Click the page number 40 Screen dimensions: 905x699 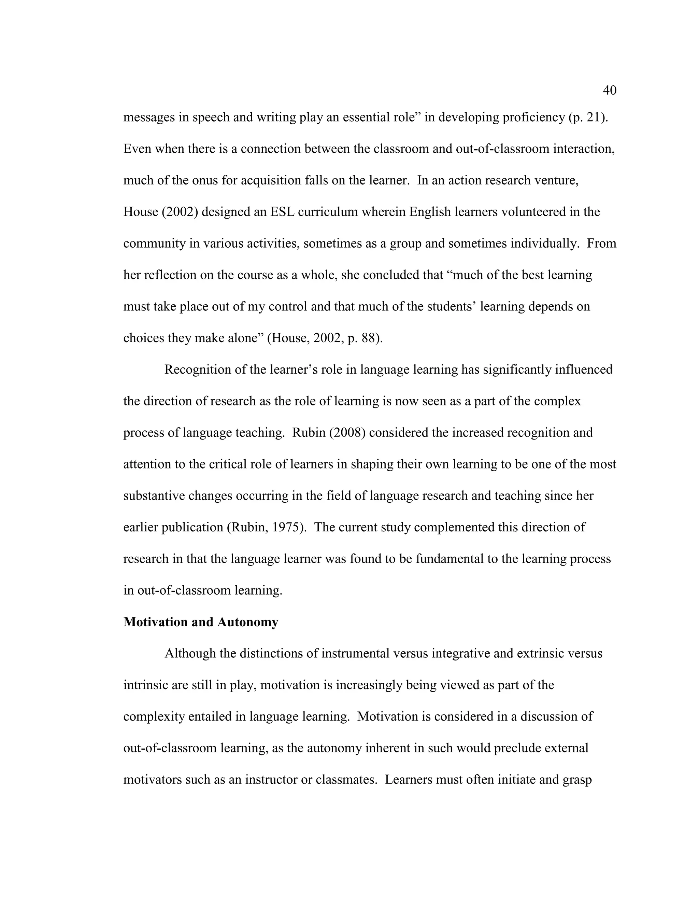tap(609, 90)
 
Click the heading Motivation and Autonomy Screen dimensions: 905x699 tap(200, 622)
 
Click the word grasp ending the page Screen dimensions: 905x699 tap(577, 780)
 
